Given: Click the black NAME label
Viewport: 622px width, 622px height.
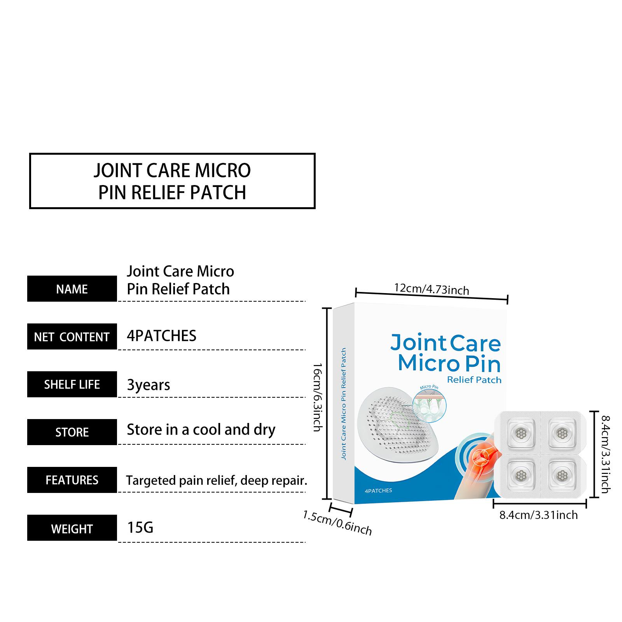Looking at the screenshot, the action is (72, 289).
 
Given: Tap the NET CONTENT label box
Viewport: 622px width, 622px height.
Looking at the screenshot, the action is (72, 337).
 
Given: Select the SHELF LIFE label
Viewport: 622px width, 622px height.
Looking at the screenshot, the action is (72, 384).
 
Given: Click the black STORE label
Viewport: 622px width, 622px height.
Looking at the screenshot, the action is (72, 432).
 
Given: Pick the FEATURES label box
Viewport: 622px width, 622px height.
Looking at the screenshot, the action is (72, 480).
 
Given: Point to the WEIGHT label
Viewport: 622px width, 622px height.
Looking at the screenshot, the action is (72, 528).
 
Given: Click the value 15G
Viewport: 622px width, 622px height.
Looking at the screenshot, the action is (140, 528).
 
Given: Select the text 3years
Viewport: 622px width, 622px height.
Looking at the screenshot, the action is (149, 385).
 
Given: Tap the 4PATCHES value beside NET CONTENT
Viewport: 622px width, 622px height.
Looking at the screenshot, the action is (162, 336).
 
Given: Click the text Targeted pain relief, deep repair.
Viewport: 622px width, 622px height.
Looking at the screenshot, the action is (217, 480).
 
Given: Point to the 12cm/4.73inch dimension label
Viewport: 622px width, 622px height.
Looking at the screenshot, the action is (432, 289).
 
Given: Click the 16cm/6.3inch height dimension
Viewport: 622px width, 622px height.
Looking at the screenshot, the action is (318, 397).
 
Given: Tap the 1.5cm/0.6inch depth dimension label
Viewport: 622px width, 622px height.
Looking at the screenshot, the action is (337, 523).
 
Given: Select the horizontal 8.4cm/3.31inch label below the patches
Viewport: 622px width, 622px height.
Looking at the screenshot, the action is (538, 515).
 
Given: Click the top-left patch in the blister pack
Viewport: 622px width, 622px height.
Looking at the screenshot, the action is (520, 432).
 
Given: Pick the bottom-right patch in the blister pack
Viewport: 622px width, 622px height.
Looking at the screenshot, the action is (561, 475).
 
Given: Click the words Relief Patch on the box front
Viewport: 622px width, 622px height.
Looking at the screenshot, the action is (474, 380).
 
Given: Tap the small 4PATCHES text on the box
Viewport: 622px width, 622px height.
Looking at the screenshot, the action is (378, 491).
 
